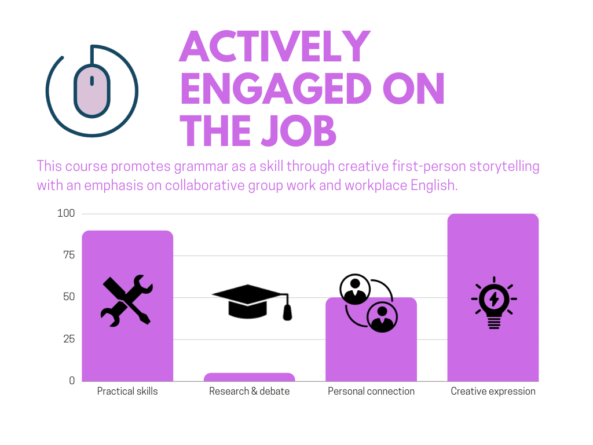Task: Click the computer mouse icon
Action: tap(92, 91)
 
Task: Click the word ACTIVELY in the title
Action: tap(274, 46)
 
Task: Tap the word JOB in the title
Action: tap(298, 131)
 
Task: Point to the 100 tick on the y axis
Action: tap(66, 213)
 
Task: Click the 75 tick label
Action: tap(69, 255)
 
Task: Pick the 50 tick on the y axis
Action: tap(69, 297)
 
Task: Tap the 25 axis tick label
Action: tap(69, 339)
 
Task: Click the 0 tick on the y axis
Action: tap(72, 381)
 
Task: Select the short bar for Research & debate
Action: tap(249, 377)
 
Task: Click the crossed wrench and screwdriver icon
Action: tap(127, 301)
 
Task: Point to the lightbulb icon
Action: tap(494, 302)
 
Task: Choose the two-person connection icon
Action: tap(369, 303)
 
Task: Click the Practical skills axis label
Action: tap(127, 391)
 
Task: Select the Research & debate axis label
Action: tap(249, 391)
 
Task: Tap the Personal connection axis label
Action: tap(371, 391)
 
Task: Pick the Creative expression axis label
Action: tap(493, 392)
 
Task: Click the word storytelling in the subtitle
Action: tap(504, 167)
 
